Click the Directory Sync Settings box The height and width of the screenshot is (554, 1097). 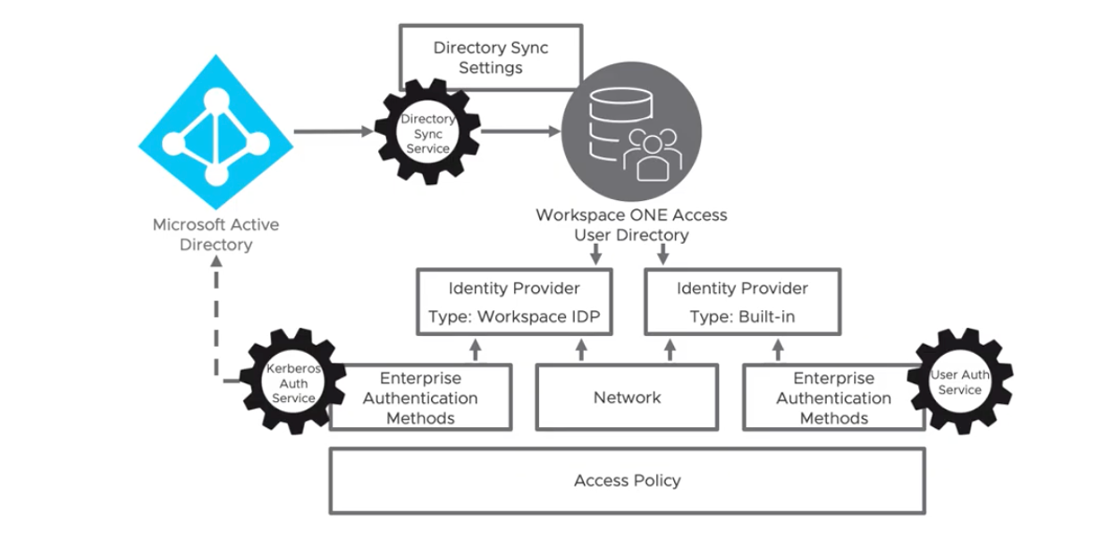coord(490,57)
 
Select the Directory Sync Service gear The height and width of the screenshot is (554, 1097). coord(427,132)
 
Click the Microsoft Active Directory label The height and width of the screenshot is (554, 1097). coord(215,235)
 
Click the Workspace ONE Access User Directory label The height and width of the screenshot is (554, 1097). coord(631,225)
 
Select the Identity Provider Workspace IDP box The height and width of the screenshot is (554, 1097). coord(514,302)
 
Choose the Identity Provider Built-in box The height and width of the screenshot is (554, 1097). coord(742,302)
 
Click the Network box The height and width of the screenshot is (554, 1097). coord(627,397)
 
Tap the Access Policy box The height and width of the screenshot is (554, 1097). coord(627,481)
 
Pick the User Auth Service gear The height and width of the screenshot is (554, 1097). coord(959,382)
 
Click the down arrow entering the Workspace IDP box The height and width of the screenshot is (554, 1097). coord(595,255)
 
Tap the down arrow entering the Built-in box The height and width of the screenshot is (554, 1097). coord(663,255)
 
